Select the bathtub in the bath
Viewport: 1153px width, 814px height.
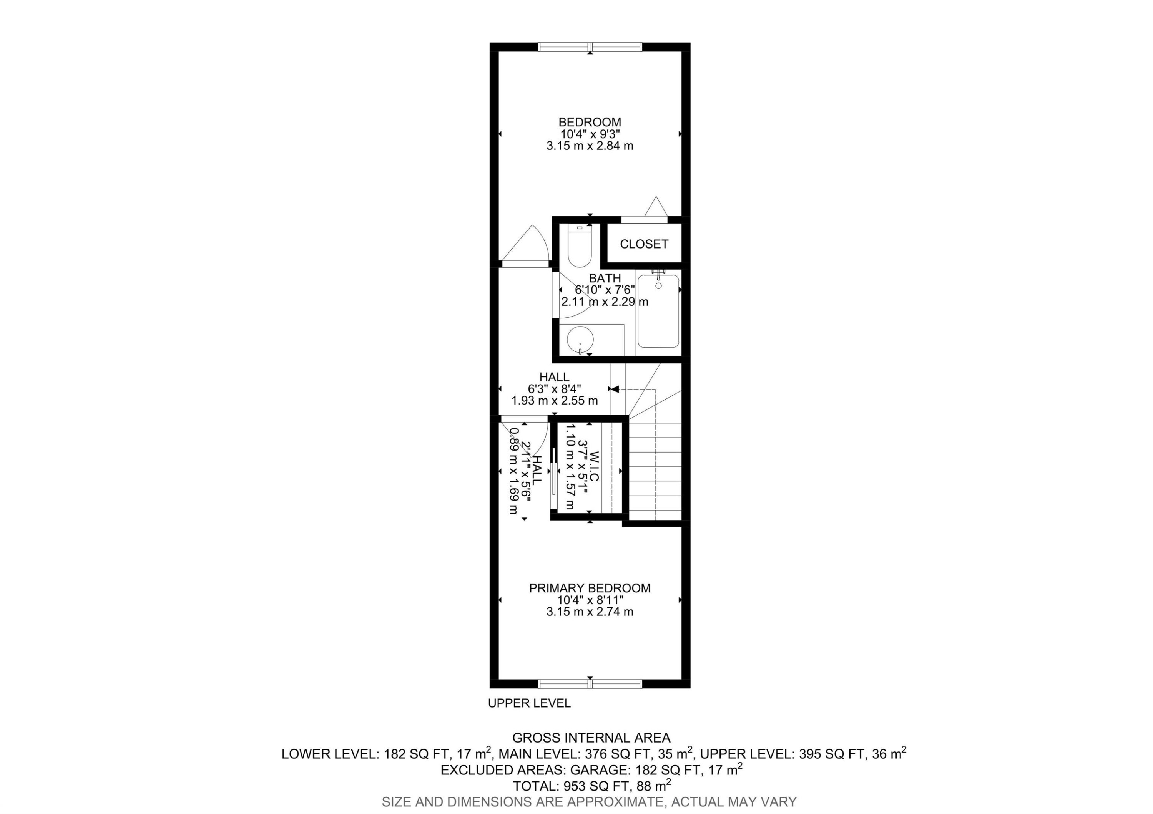click(x=658, y=311)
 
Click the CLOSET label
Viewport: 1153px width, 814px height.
click(x=644, y=244)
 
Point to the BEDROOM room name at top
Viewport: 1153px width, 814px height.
click(x=590, y=122)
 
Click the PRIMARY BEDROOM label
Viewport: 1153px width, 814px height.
click(x=590, y=588)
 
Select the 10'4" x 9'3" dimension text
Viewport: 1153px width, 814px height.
click(x=590, y=134)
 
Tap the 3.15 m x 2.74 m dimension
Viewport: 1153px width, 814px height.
click(x=590, y=612)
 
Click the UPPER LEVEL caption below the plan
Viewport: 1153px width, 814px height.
click(x=529, y=703)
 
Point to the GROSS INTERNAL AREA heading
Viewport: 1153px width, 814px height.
click(x=591, y=738)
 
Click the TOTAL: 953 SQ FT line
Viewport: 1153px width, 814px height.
click(x=591, y=786)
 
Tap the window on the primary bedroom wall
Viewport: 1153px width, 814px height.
click(x=590, y=683)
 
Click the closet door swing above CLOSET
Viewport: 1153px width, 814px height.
click(x=655, y=208)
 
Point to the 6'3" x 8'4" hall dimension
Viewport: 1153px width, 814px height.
click(x=555, y=389)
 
